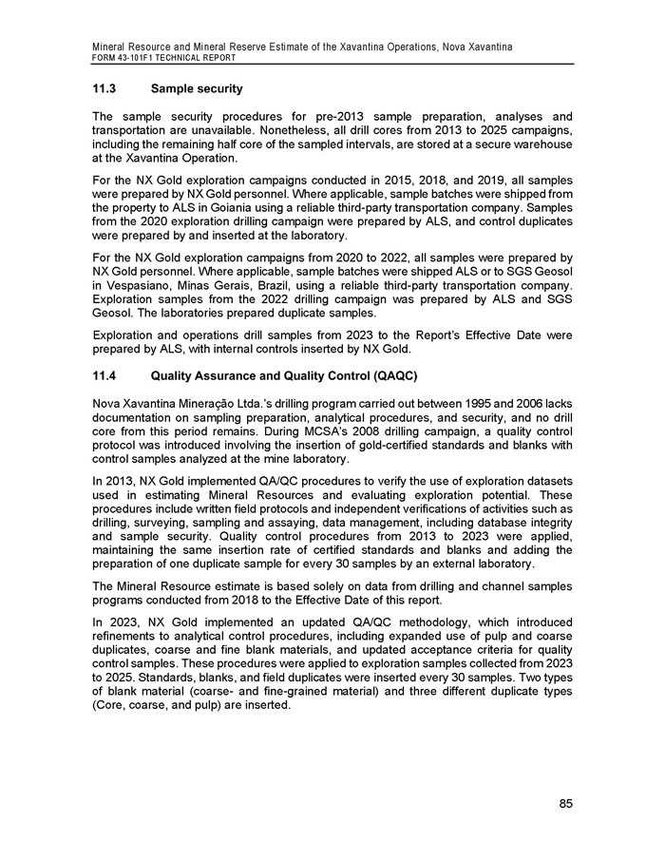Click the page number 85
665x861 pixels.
pyautogui.click(x=565, y=804)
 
